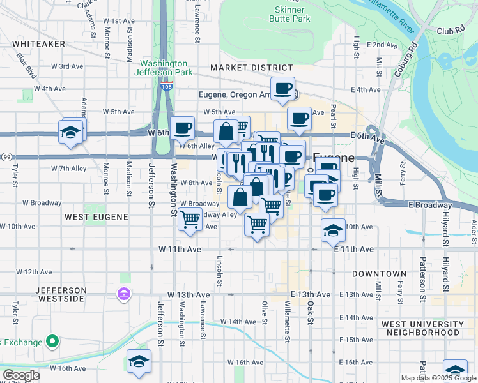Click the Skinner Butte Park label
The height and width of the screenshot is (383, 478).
click(x=292, y=14)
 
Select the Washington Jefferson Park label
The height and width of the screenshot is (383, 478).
click(x=164, y=68)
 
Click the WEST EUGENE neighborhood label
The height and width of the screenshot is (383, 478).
click(x=96, y=217)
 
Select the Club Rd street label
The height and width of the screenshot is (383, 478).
click(x=451, y=30)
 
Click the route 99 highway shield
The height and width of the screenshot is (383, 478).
click(x=5, y=156)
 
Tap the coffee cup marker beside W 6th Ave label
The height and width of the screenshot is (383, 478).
click(x=182, y=128)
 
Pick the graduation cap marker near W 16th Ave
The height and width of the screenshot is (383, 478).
click(x=139, y=361)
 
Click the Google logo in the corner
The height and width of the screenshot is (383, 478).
click(x=20, y=375)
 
